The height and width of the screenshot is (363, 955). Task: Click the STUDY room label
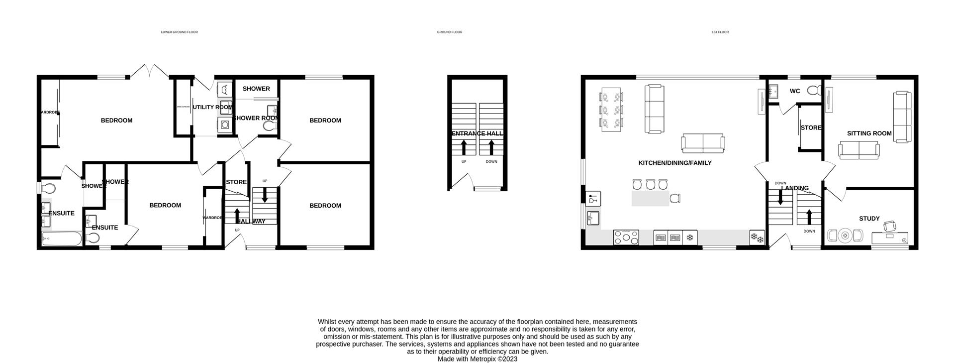click(x=869, y=219)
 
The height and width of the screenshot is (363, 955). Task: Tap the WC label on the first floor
click(x=795, y=91)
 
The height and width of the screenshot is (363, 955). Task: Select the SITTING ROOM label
click(x=869, y=133)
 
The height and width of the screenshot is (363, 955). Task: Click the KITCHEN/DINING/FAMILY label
click(x=674, y=163)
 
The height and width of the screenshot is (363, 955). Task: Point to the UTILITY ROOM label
click(x=212, y=107)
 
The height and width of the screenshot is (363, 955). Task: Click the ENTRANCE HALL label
click(x=477, y=133)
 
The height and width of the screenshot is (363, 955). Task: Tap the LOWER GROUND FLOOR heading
click(x=179, y=32)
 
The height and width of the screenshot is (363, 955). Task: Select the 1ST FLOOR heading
click(x=720, y=32)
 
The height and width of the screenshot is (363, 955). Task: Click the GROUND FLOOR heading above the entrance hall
click(x=449, y=32)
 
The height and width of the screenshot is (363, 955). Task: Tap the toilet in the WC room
click(x=813, y=91)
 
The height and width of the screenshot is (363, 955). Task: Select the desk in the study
click(x=890, y=239)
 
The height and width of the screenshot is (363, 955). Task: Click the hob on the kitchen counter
click(x=626, y=237)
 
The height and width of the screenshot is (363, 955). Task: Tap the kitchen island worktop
click(x=651, y=198)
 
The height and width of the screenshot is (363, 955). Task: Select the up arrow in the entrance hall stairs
click(x=464, y=147)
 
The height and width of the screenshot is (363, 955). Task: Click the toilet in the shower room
click(x=270, y=127)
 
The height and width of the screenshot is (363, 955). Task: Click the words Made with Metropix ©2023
click(x=477, y=359)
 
